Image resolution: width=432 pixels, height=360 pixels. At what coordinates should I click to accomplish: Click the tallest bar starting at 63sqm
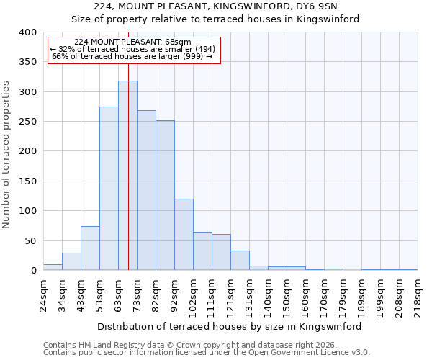pos(127,176)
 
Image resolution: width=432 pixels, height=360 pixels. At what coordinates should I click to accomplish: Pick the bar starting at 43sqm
pos(90,248)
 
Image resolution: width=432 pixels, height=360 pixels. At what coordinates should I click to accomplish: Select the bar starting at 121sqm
pos(240,261)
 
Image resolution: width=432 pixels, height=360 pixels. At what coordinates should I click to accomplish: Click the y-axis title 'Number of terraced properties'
pos(6,155)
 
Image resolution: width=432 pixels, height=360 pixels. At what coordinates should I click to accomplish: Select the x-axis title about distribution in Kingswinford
pos(229,326)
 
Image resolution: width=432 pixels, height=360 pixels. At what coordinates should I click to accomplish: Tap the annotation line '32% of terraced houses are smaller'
pos(133,49)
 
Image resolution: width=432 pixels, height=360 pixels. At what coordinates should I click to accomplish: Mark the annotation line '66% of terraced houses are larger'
pos(133,56)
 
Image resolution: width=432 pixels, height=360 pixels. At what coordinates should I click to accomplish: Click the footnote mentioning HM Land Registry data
pos(186,345)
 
